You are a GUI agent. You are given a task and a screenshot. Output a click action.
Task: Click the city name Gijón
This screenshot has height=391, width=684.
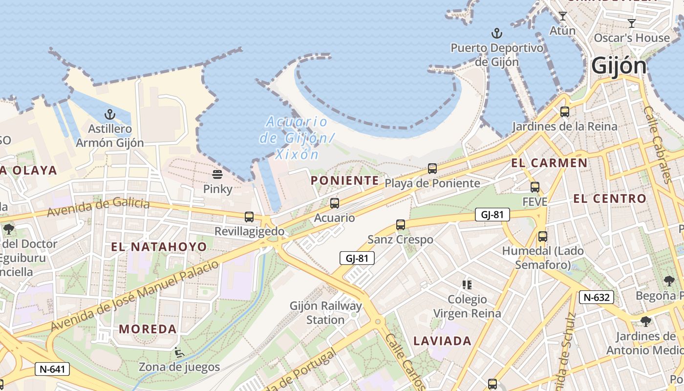pos(619,66)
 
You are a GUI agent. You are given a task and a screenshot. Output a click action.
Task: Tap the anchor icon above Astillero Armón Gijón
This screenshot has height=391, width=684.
pos(110,115)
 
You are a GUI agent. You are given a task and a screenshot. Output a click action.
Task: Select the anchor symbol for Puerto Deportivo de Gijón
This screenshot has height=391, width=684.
pos(497,34)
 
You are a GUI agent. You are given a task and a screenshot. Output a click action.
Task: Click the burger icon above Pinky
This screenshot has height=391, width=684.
pos(217,174)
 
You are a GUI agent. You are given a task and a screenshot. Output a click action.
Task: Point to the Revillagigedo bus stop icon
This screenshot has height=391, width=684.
pos(249,217)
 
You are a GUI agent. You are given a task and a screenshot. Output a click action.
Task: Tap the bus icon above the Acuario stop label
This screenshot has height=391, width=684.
pos(335,203)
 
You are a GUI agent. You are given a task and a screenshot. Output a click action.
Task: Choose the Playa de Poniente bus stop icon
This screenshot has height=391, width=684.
pos(432,169)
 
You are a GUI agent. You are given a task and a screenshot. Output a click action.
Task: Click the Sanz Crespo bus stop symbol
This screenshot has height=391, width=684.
pos(401,225)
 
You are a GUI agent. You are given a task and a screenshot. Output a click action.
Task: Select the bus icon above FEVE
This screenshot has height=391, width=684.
pos(535,187)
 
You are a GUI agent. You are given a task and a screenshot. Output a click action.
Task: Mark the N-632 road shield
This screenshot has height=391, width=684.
pos(597,297)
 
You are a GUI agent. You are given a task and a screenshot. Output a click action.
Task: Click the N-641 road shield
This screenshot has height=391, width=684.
pos(52,369)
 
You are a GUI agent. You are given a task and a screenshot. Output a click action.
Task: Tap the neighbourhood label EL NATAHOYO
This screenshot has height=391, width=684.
pos(159,246)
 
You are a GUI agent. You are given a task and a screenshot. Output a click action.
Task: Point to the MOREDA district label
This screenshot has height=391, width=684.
pos(148,329)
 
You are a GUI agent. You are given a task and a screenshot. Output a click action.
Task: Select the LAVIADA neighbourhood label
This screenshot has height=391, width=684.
pos(443,341)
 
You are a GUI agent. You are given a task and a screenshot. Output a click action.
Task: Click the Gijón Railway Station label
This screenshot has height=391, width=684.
pos(326,313)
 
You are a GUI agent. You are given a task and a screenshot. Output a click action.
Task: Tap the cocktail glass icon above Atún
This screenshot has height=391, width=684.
pos(563,16)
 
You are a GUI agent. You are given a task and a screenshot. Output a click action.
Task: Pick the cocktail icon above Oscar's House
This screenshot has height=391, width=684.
pos(632,23)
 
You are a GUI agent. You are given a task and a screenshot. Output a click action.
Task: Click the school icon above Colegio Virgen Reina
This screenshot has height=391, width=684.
pos(467,284)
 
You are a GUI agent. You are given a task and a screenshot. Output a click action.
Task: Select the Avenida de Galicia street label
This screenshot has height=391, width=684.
pos(98,207)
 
